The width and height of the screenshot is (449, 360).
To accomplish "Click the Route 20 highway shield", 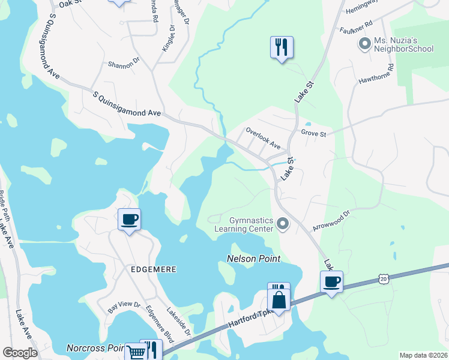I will pyautogui.click(x=384, y=278).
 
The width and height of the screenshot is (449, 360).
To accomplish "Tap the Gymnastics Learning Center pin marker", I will pyautogui.click(x=284, y=225).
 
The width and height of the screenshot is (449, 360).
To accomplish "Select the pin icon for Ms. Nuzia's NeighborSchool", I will pyautogui.click(x=364, y=43).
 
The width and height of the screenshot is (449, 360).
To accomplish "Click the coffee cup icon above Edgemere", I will pyautogui.click(x=129, y=219).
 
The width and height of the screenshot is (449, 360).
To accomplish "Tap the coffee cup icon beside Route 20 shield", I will pyautogui.click(x=331, y=282).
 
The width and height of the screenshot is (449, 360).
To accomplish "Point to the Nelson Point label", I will pyautogui.click(x=254, y=259).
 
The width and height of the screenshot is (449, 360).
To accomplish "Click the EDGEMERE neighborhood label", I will pyautogui.click(x=154, y=270).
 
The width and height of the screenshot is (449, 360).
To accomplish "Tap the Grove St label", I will pyautogui.click(x=313, y=133).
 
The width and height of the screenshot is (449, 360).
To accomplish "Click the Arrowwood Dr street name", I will pyautogui.click(x=331, y=221).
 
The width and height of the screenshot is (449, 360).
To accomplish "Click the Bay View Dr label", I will pyautogui.click(x=124, y=307).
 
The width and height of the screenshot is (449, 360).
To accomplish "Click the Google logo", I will pyautogui.click(x=20, y=353).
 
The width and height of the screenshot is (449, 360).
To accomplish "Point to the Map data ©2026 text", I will pyautogui.click(x=423, y=355).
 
